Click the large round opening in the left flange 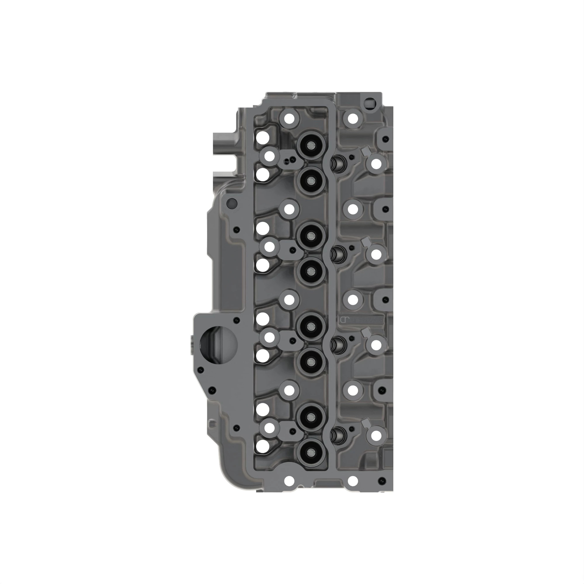tap(218, 345)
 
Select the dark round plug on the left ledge tap(232, 203)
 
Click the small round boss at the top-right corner tap(369, 102)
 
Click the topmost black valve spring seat tap(311, 146)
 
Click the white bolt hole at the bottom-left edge tap(289, 480)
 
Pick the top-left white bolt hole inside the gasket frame tap(289, 119)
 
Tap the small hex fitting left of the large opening tap(192, 345)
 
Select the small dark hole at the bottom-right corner tap(384, 480)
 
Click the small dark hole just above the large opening tap(237, 320)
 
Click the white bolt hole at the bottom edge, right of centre tap(352, 480)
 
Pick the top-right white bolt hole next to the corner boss tap(352, 119)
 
